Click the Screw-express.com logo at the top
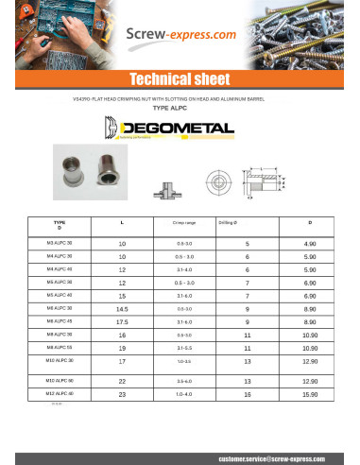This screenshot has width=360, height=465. (180, 36)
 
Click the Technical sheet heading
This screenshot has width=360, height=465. (180, 79)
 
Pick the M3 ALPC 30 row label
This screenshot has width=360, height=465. (60, 243)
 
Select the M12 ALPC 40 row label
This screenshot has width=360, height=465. (60, 392)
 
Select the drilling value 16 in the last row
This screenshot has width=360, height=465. (247, 393)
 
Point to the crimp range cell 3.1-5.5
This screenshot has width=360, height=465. (183, 348)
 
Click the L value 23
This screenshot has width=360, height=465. (122, 393)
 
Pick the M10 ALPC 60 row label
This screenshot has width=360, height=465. (60, 380)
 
